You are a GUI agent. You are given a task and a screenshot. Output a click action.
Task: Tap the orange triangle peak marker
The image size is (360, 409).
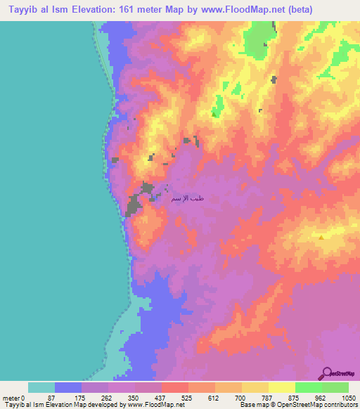[321, 238]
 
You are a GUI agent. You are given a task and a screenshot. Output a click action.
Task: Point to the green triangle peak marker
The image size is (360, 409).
[214, 114]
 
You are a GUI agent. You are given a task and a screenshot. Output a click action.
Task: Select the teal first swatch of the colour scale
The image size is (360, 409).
[41, 387]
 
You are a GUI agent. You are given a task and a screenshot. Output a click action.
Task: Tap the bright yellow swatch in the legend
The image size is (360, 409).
[281, 387]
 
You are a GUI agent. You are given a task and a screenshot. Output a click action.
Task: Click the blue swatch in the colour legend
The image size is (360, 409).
[68, 387]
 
